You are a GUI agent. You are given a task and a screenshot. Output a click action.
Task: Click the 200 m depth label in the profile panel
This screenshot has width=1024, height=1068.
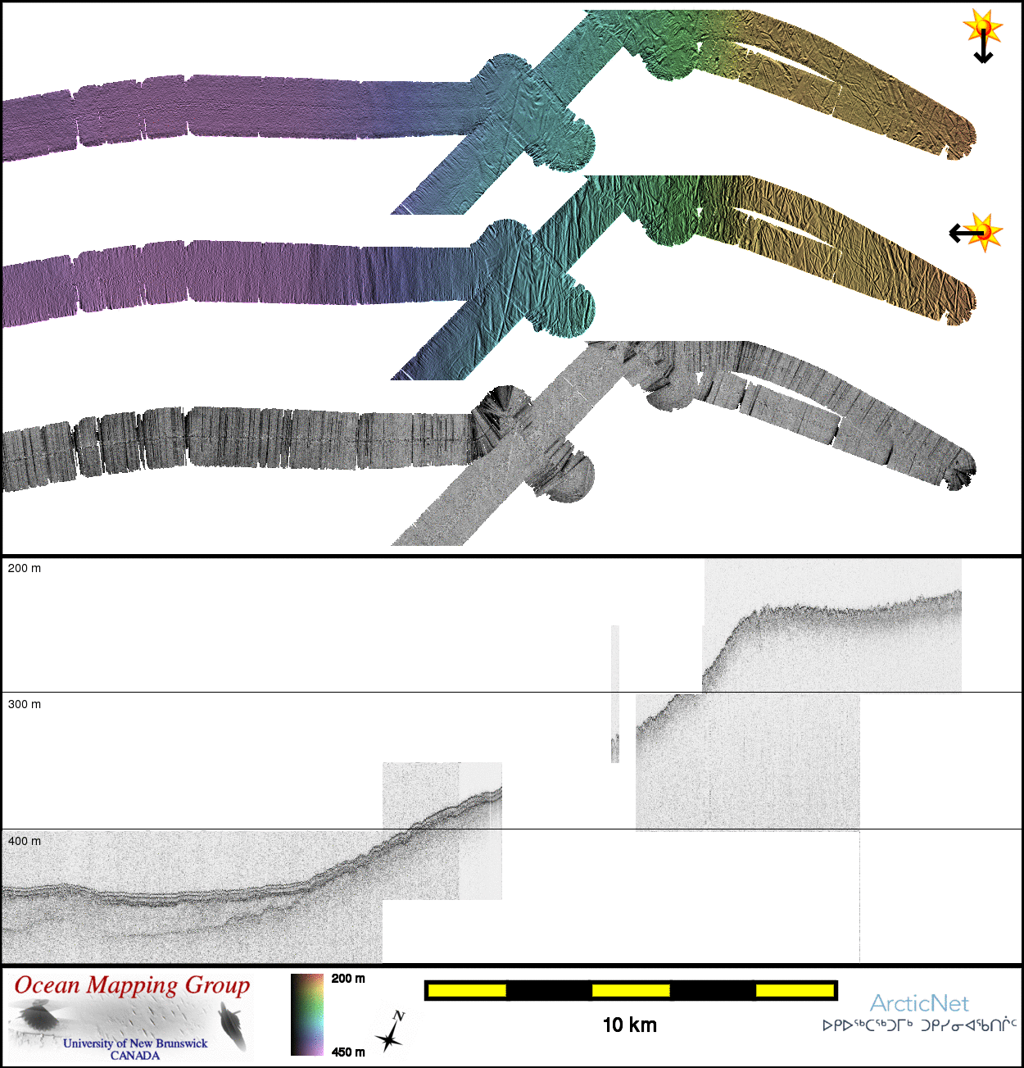pyautogui.click(x=24, y=569)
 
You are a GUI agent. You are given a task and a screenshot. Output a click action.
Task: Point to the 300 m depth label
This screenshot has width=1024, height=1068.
pyautogui.click(x=24, y=705)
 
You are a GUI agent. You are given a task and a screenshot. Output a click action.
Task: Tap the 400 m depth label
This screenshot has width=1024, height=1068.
pyautogui.click(x=24, y=841)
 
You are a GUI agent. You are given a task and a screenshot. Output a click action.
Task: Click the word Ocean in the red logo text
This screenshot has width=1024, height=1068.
pyautogui.click(x=48, y=985)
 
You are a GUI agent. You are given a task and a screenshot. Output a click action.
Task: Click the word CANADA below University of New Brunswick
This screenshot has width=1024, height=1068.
pyautogui.click(x=135, y=1056)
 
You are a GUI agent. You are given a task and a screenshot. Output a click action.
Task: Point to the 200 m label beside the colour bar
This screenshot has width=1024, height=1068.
pyautogui.click(x=348, y=979)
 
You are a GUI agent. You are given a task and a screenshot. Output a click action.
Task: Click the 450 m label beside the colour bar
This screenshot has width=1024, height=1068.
pyautogui.click(x=348, y=1052)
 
